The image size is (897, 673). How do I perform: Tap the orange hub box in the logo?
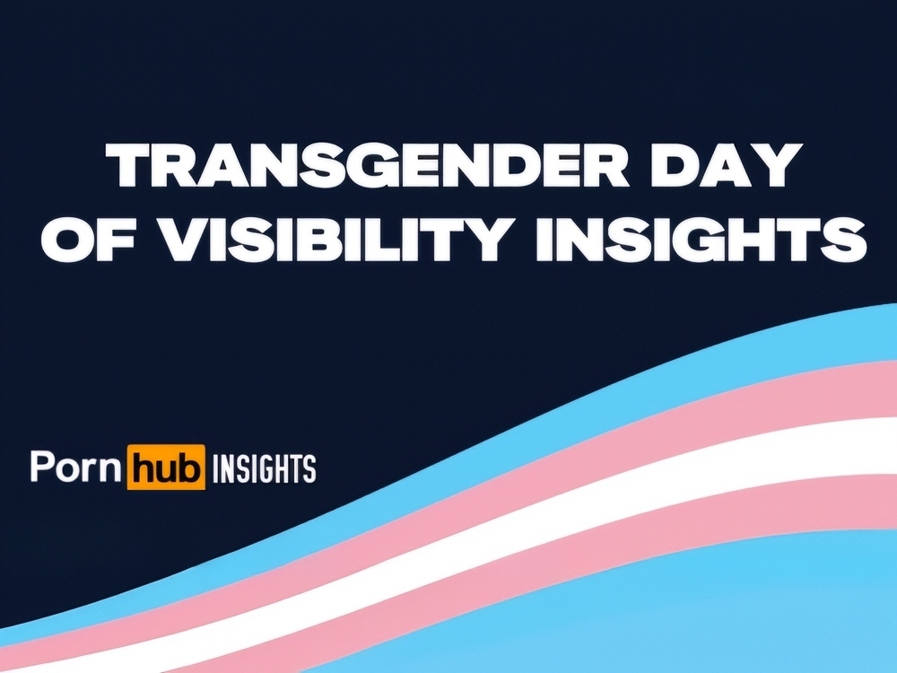point(165,467)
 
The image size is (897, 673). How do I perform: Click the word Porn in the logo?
point(76,466)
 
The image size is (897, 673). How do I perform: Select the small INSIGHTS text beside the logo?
point(264,468)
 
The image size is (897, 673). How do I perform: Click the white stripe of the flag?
point(515,510)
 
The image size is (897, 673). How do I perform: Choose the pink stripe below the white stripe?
point(572,549)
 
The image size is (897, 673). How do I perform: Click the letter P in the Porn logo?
point(41,465)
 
